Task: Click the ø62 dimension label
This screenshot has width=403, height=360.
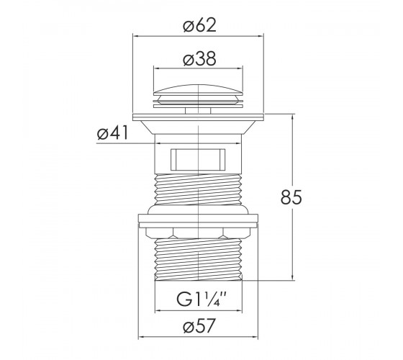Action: point(200,25)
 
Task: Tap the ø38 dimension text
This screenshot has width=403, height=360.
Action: point(200,59)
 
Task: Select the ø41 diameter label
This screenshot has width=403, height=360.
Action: point(112,133)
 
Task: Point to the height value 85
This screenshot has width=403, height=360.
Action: point(291,197)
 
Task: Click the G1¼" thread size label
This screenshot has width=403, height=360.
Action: point(201,299)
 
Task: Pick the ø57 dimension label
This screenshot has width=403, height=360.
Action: point(199,325)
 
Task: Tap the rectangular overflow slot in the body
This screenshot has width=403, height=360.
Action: point(198,159)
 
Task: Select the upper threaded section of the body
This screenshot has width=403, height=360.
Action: point(198,189)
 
